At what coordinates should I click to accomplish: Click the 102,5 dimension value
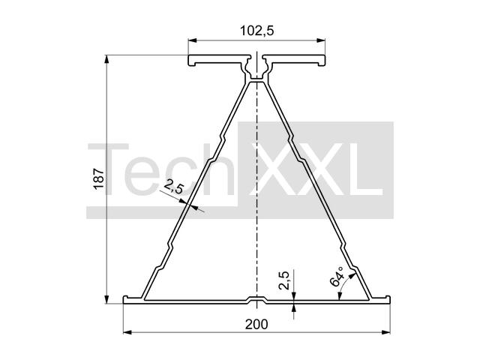pyautogui.click(x=256, y=31)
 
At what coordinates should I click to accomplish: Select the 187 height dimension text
pyautogui.click(x=99, y=178)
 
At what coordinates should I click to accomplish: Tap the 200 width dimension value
pyautogui.click(x=256, y=324)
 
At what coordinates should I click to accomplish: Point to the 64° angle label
pyautogui.click(x=337, y=276)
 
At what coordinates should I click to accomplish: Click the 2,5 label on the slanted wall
pyautogui.click(x=173, y=187)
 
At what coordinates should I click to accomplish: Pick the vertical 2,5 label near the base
pyautogui.click(x=284, y=280)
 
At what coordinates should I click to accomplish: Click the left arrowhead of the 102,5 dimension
pyautogui.click(x=192, y=40)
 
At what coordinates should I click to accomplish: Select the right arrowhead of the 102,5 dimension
pyautogui.click(x=321, y=40)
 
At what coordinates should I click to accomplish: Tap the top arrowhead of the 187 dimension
pyautogui.click(x=106, y=59)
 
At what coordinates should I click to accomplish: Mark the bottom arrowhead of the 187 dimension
pyautogui.click(x=106, y=299)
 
